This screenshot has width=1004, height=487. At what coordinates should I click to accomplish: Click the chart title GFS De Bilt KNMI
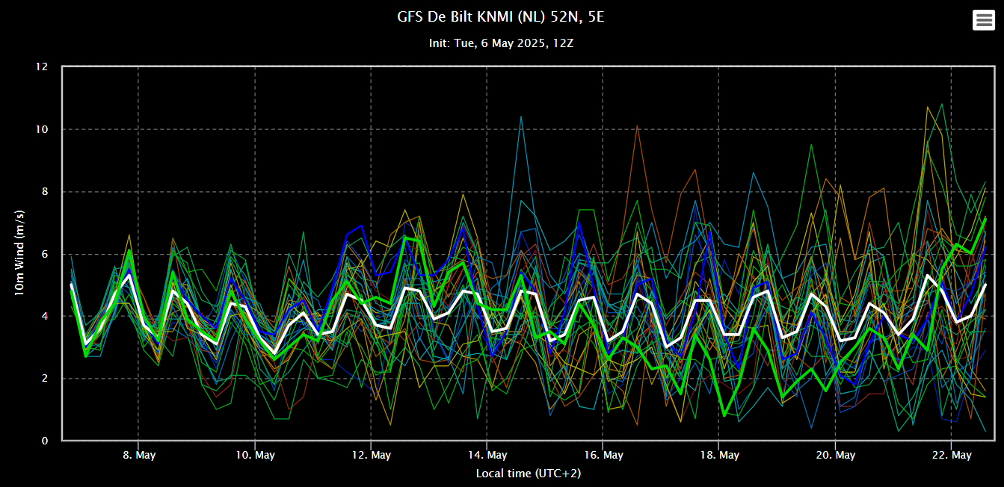pyautogui.click(x=501, y=16)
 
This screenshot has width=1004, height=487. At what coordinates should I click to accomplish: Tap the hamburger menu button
pyautogui.click(x=983, y=20)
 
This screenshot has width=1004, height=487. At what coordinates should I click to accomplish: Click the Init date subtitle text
pyautogui.click(x=501, y=43)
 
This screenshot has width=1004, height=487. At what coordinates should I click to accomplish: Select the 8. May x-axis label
pyautogui.click(x=138, y=455)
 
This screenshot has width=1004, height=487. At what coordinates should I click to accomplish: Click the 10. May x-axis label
pyautogui.click(x=254, y=455)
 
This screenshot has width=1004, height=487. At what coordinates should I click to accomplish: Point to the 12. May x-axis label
pyautogui.click(x=371, y=455)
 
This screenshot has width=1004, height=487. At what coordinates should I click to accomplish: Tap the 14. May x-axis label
pyautogui.click(x=487, y=455)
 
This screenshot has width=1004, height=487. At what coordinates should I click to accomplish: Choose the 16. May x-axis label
pyautogui.click(x=603, y=455)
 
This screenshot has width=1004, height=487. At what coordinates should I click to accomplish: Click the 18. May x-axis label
pyautogui.click(x=718, y=455)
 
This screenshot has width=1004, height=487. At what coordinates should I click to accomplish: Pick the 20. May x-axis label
pyautogui.click(x=835, y=455)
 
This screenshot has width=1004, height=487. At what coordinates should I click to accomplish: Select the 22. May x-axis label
pyautogui.click(x=951, y=455)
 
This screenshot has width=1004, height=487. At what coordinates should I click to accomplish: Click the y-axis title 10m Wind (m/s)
pyautogui.click(x=20, y=254)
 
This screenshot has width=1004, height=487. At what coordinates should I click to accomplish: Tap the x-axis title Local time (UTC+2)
pyautogui.click(x=529, y=474)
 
